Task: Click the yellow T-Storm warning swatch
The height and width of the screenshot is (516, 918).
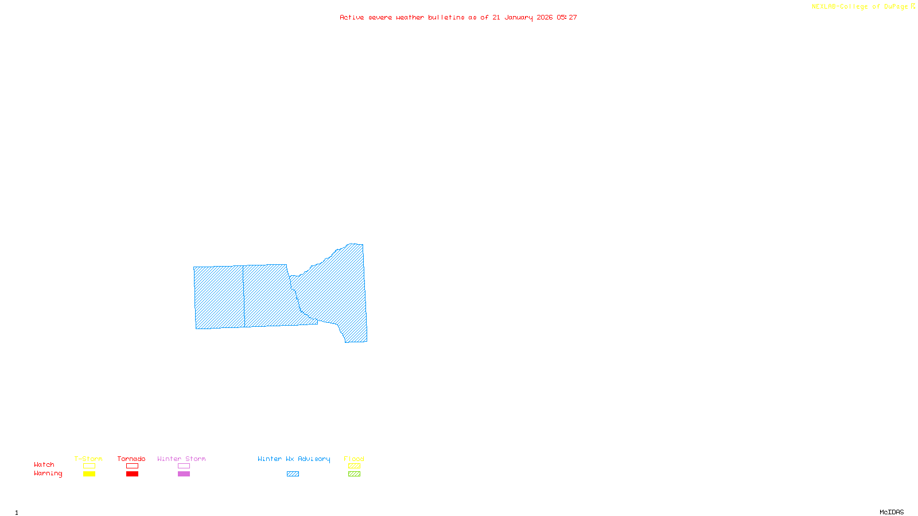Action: (x=89, y=474)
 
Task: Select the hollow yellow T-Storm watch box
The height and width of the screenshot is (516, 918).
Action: (x=89, y=466)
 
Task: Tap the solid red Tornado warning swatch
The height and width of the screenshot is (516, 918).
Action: (x=132, y=474)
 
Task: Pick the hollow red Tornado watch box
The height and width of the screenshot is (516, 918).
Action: (x=132, y=466)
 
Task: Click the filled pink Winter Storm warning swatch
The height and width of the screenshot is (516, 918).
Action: (x=184, y=474)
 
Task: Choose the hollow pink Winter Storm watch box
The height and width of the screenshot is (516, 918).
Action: (x=184, y=466)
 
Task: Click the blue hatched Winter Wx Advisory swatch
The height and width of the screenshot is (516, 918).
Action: (x=293, y=474)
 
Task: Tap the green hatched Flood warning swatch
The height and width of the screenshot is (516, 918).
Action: (x=354, y=474)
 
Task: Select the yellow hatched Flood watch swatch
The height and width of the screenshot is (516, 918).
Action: (x=354, y=466)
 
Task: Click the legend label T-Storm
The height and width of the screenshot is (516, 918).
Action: (x=88, y=459)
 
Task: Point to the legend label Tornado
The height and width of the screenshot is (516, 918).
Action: (x=131, y=459)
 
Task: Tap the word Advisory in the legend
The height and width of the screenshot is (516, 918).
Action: (x=314, y=459)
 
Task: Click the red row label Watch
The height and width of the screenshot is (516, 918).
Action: (x=44, y=464)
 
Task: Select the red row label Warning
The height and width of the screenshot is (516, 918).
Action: (x=48, y=474)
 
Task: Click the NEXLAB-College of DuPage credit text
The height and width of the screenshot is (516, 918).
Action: (x=861, y=7)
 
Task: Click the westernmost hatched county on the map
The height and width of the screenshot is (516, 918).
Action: (x=219, y=297)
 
